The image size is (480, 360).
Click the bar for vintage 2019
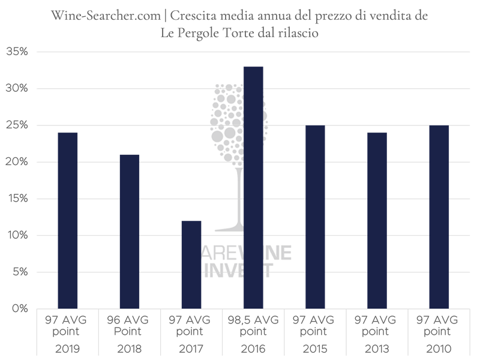pos(67,220)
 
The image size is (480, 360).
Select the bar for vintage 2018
pos(129,231)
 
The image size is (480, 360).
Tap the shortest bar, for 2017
pos(191,265)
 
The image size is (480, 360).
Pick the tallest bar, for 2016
pos(253,187)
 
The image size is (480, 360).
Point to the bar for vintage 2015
pos(315,217)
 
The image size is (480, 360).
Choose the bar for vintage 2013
pos(377,220)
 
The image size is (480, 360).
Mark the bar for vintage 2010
pos(439,217)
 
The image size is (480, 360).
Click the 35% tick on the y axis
pos(17,52)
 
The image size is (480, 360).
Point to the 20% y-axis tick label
pos(17,162)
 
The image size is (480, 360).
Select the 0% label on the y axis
pos(19,308)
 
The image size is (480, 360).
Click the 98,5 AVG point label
pos(253,325)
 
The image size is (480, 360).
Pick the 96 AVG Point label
pos(129,325)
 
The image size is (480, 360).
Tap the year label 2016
pos(253,349)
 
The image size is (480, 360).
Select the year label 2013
pos(377,349)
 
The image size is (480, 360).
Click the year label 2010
pos(439,349)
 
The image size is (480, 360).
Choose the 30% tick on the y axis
pos(17,88)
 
